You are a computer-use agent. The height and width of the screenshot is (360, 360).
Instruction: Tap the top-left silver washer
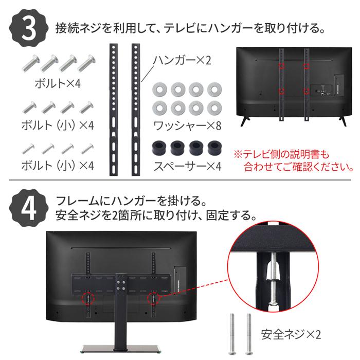(160, 89)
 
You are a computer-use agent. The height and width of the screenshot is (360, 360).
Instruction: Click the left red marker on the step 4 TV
(88, 298)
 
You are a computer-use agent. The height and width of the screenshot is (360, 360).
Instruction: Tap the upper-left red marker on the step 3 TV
(281, 66)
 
